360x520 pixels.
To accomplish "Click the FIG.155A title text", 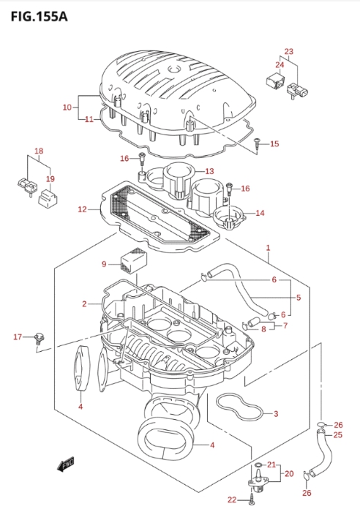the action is pyautogui.click(x=40, y=16).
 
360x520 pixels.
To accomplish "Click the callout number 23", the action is pyautogui.click(x=289, y=51).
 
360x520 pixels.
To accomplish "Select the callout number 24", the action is pyautogui.click(x=280, y=64).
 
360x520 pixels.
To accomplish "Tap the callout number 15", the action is pyautogui.click(x=274, y=143).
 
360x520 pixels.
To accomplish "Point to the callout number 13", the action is pyautogui.click(x=209, y=171).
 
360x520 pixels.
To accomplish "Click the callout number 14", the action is pyautogui.click(x=260, y=213).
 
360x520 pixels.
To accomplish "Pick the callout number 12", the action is pyautogui.click(x=82, y=209).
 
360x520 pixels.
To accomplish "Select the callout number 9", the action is pyautogui.click(x=104, y=264).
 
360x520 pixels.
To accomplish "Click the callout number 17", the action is pyautogui.click(x=18, y=337).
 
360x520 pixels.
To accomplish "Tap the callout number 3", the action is pyautogui.click(x=276, y=413).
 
